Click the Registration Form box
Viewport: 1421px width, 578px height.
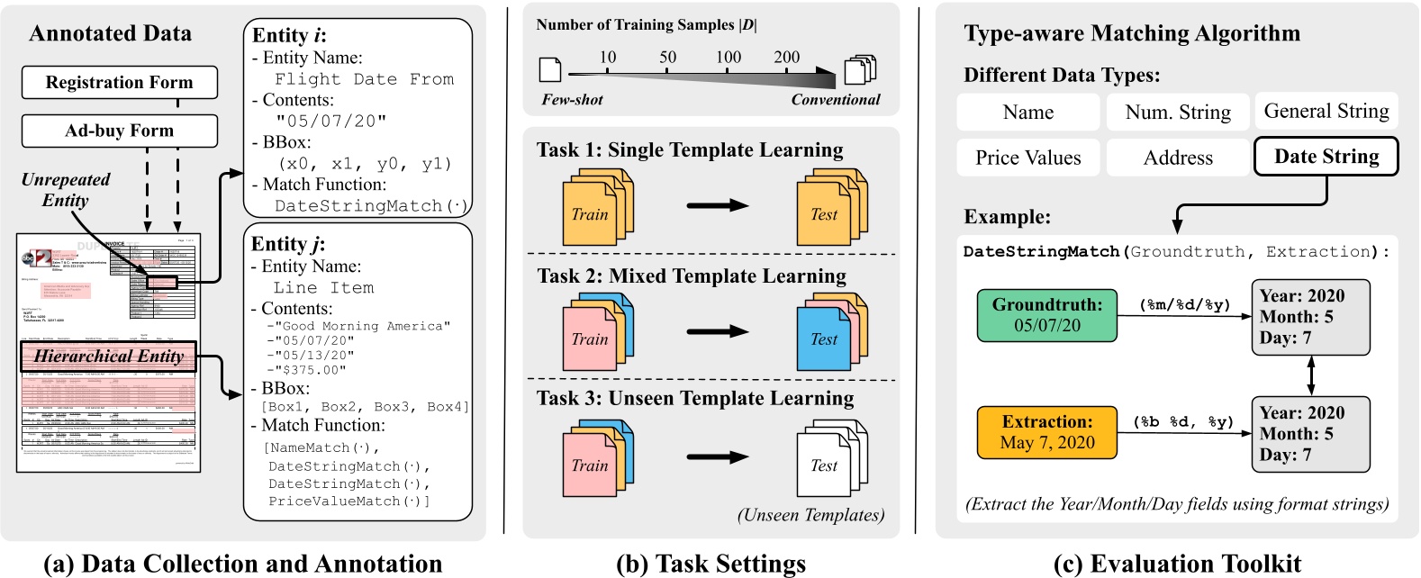[119, 83]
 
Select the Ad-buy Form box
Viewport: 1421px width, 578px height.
[119, 131]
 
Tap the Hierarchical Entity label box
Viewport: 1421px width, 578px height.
[108, 357]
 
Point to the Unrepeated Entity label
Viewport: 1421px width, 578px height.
[65, 190]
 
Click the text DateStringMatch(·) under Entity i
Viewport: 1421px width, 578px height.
[371, 206]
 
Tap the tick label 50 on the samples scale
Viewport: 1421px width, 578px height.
[667, 58]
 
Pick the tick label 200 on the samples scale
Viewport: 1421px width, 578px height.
[786, 58]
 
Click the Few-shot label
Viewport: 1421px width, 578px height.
[572, 100]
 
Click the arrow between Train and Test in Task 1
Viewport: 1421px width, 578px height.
[717, 206]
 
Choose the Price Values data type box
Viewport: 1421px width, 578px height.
[1027, 158]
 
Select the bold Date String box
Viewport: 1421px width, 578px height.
[1326, 157]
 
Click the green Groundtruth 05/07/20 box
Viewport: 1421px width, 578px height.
[1046, 315]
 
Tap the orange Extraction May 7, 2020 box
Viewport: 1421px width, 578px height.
[1046, 432]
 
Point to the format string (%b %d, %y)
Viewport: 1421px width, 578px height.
[1183, 422]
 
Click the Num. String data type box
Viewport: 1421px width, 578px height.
[1178, 113]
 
